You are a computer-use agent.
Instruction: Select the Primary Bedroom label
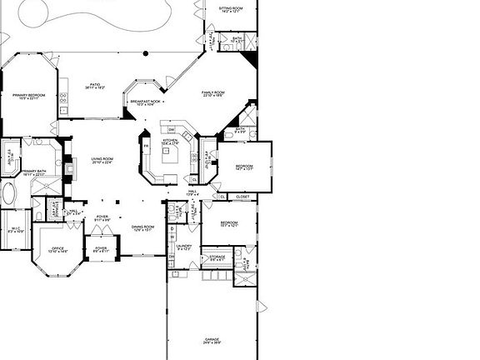(x=28, y=97)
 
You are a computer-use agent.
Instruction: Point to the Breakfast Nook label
(x=145, y=102)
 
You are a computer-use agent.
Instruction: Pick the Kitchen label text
(x=171, y=142)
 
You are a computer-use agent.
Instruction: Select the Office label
(x=57, y=249)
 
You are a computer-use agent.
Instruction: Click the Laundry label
(x=184, y=247)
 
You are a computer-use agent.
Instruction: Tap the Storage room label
(x=217, y=257)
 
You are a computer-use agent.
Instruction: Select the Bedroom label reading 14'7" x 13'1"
(x=243, y=167)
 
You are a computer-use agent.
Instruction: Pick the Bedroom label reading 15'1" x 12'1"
(x=229, y=224)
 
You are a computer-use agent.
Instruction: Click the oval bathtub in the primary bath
(x=9, y=197)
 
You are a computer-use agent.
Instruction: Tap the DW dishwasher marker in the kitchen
(x=171, y=129)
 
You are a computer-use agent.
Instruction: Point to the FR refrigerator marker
(x=146, y=147)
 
